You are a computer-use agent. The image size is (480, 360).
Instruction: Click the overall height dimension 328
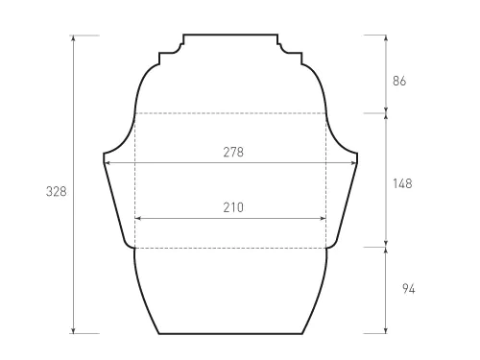pyautogui.click(x=57, y=192)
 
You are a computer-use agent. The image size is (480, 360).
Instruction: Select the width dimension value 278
pyautogui.click(x=231, y=153)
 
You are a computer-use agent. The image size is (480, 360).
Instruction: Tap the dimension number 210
pyautogui.click(x=231, y=207)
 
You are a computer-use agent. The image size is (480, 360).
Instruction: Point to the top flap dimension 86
pyautogui.click(x=399, y=82)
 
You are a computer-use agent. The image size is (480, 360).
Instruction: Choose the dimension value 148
pyautogui.click(x=402, y=183)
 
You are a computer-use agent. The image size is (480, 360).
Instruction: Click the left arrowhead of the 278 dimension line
pyautogui.click(x=107, y=163)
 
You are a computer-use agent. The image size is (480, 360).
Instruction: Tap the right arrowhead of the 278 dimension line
pyautogui.click(x=355, y=163)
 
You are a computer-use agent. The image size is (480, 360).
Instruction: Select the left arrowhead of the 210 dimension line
pyautogui.click(x=137, y=219)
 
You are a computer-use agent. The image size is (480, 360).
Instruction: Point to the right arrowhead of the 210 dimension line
pyautogui.click(x=324, y=219)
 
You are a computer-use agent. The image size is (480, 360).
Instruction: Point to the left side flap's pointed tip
pyautogui.click(x=104, y=155)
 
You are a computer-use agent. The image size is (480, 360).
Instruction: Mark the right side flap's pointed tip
pyautogui.click(x=358, y=155)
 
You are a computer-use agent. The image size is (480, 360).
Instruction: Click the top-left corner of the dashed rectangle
pyautogui.click(x=134, y=113)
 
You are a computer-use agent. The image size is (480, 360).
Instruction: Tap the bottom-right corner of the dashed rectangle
pyautogui.click(x=326, y=248)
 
